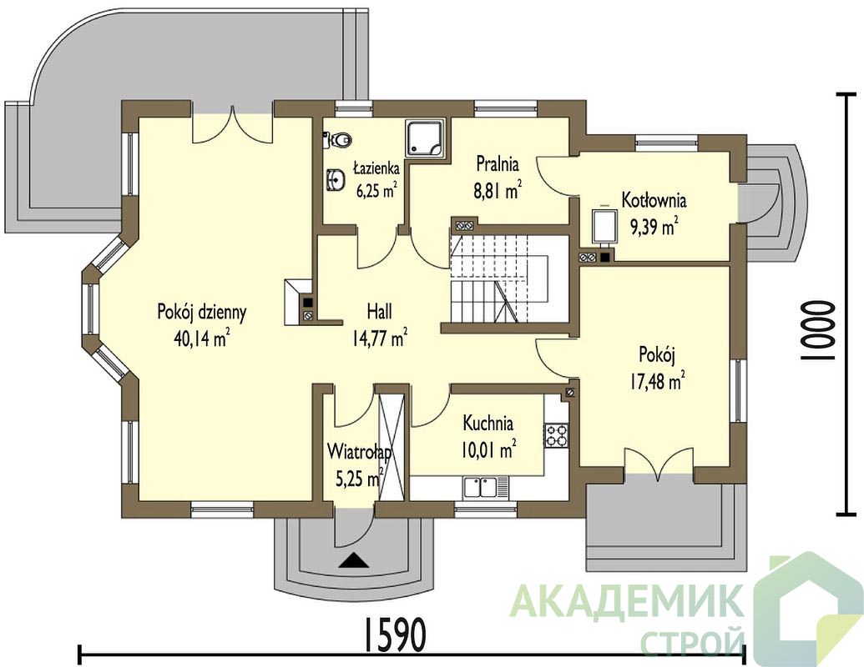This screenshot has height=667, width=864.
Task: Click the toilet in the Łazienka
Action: tap(337, 139)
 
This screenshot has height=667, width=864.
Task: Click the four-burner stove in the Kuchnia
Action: tap(557, 434)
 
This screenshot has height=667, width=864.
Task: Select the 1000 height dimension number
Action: tap(817, 331)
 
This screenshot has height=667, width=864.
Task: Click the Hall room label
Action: tap(380, 312)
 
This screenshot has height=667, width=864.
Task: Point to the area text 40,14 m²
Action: tap(202, 339)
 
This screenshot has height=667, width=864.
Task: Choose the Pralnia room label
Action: tap(498, 163)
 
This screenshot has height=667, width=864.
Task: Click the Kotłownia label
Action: tap(654, 200)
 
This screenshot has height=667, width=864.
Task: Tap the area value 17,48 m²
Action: tap(657, 380)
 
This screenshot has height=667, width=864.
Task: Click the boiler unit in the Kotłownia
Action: tap(604, 226)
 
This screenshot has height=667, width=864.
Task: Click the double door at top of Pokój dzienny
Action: tap(232, 126)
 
